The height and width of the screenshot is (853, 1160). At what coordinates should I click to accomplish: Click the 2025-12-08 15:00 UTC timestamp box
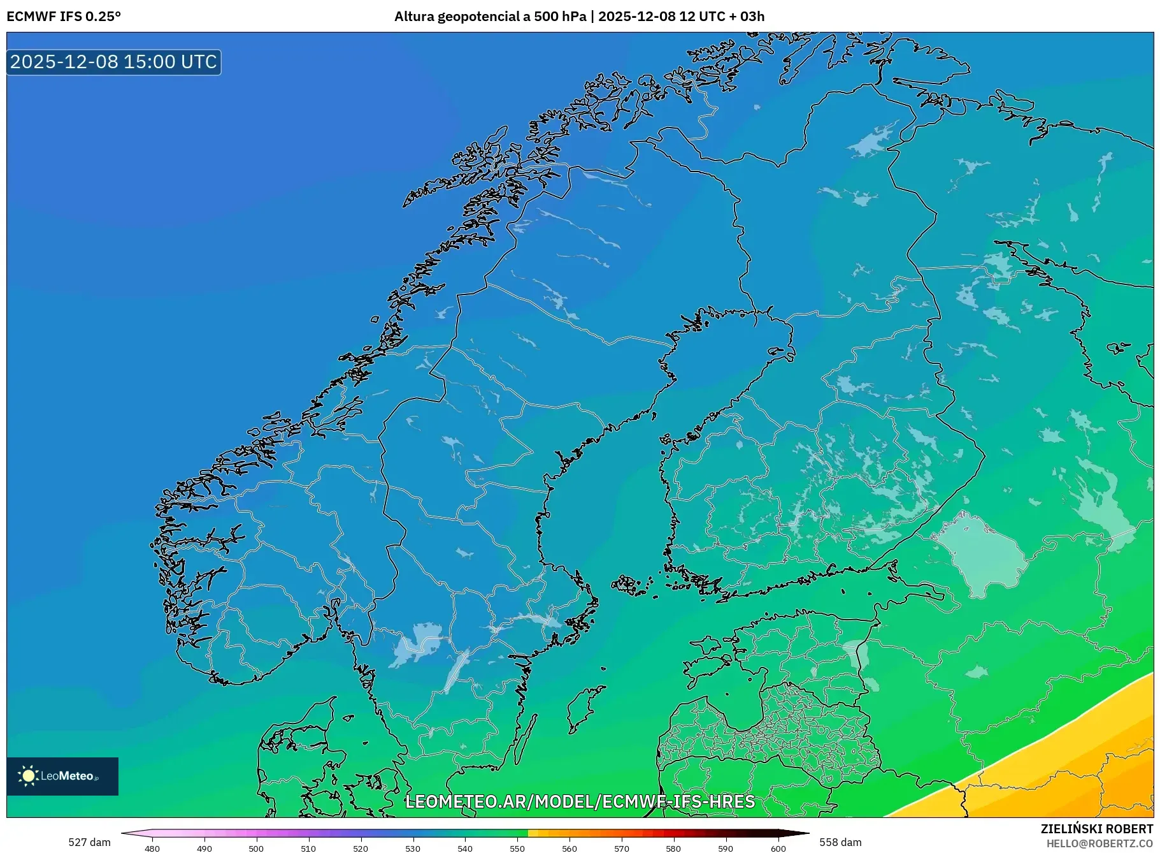pyautogui.click(x=113, y=62)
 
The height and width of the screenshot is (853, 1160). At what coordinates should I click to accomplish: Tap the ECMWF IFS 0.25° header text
pyautogui.click(x=64, y=17)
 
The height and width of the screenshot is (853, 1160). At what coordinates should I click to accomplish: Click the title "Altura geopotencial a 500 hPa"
pyautogui.click(x=490, y=17)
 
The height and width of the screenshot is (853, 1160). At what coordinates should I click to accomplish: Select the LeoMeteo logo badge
pyautogui.click(x=62, y=776)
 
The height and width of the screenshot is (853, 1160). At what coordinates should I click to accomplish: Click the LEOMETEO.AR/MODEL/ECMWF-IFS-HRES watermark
pyautogui.click(x=580, y=801)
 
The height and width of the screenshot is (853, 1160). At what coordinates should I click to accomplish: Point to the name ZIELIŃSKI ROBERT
pyautogui.click(x=1096, y=829)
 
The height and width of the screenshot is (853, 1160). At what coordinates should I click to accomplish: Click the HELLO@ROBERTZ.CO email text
pyautogui.click(x=1099, y=843)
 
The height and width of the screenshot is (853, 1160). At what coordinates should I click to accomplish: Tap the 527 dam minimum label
pyautogui.click(x=89, y=842)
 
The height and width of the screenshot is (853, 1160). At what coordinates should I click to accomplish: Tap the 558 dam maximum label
pyautogui.click(x=840, y=842)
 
